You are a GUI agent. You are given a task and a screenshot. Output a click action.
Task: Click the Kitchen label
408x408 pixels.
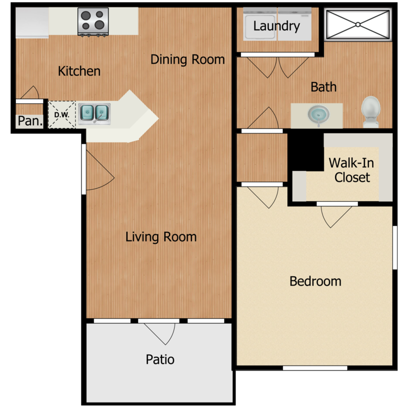pyautogui.click(x=79, y=71)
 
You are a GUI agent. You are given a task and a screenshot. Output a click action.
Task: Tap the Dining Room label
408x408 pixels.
pyautogui.click(x=188, y=59)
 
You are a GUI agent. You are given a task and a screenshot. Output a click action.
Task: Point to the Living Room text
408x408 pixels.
pyautogui.click(x=161, y=237)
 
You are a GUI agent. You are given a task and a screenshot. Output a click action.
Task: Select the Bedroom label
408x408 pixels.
pyautogui.click(x=316, y=281)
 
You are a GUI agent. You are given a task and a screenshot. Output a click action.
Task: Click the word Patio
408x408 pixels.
pyautogui.click(x=160, y=360)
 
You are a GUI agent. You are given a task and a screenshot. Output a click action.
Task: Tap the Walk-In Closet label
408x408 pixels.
pyautogui.click(x=351, y=170)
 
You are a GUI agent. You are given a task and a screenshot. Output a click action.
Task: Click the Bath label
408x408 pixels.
pyautogui.click(x=324, y=87)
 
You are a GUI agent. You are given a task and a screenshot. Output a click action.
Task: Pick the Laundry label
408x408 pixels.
pyautogui.click(x=276, y=26)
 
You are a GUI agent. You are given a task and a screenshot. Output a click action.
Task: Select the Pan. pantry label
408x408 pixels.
pyautogui.click(x=30, y=121)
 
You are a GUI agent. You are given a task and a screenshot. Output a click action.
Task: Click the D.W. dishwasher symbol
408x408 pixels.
pyautogui.click(x=62, y=115)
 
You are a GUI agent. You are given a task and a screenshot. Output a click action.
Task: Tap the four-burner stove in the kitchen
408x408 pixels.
pyautogui.click(x=93, y=22)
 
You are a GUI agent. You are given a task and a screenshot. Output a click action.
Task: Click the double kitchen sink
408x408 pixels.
pyautogui.click(x=94, y=114)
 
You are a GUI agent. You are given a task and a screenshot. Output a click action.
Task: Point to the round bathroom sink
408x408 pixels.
pyautogui.click(x=318, y=114)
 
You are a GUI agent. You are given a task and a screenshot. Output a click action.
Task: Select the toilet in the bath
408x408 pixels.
pyautogui.click(x=371, y=112)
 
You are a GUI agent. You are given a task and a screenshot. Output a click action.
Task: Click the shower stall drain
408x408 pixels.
pyautogui.click(x=358, y=24)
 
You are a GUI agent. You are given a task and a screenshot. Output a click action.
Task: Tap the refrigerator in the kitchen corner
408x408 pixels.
pyautogui.click(x=32, y=23)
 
